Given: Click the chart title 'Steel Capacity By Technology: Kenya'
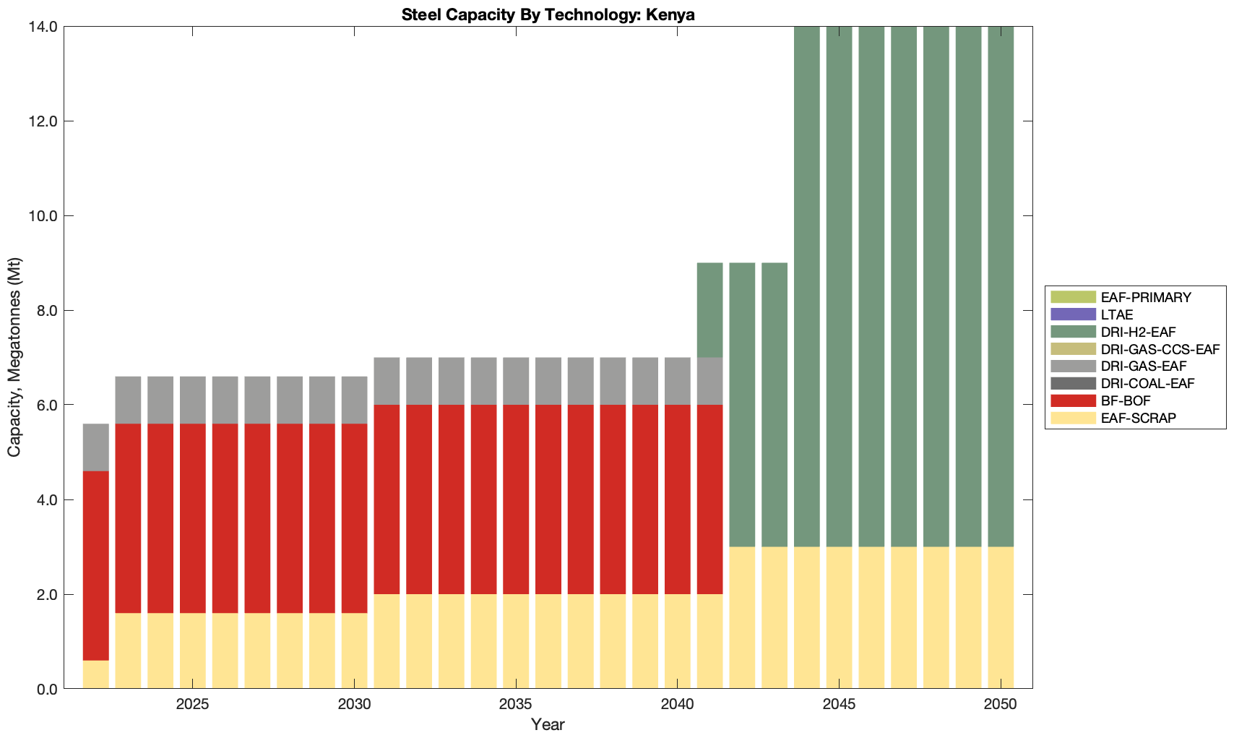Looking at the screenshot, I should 548,14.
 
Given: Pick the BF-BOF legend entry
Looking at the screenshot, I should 1126,400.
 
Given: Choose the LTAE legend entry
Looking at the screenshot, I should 1117,314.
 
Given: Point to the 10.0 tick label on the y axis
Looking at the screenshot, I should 43,216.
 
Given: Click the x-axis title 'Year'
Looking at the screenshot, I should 548,724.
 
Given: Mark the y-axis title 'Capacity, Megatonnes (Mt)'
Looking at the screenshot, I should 14,357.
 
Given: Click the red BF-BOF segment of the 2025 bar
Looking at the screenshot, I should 193,518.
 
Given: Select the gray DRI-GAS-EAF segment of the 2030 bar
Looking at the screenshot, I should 354,400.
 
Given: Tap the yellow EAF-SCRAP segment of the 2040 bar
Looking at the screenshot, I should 678,641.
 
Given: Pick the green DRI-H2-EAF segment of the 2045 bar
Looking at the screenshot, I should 840,286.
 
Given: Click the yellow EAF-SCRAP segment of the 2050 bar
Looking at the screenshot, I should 1001,617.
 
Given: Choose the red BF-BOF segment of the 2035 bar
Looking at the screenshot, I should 516,499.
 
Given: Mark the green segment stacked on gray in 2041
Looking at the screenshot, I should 709,310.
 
